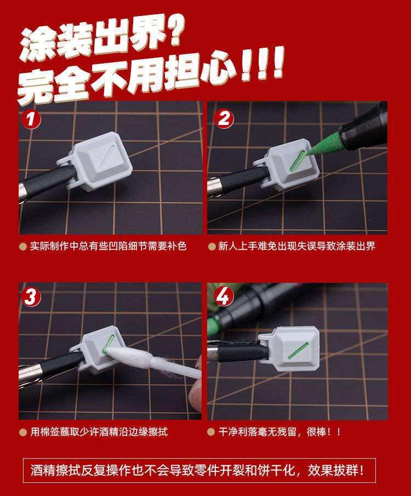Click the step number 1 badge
pos(31,119)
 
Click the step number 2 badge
pos(223,118)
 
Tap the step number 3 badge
pos(31,297)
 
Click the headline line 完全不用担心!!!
pos(151,77)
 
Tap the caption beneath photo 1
pos(108,246)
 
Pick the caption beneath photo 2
pos(296,246)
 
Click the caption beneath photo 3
pos(99,432)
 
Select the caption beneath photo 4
pos(279,432)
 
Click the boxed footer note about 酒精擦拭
pos(199,470)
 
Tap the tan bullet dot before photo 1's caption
pos(22,247)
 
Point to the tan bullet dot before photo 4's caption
pos(212,432)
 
